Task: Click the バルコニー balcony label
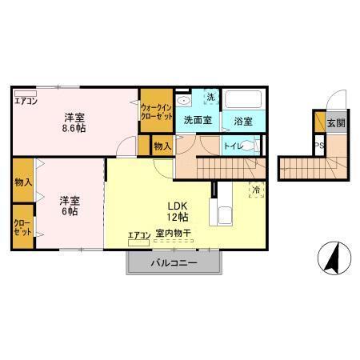pyautogui.click(x=174, y=263)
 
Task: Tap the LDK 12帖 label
pyautogui.click(x=178, y=210)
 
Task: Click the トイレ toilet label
pyautogui.click(x=233, y=146)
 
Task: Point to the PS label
pyautogui.click(x=318, y=146)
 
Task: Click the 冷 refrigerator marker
pyautogui.click(x=255, y=190)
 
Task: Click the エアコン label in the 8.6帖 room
pyautogui.click(x=26, y=99)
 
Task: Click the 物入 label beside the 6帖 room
pyautogui.click(x=22, y=182)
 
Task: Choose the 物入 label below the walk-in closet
pyautogui.click(x=162, y=146)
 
